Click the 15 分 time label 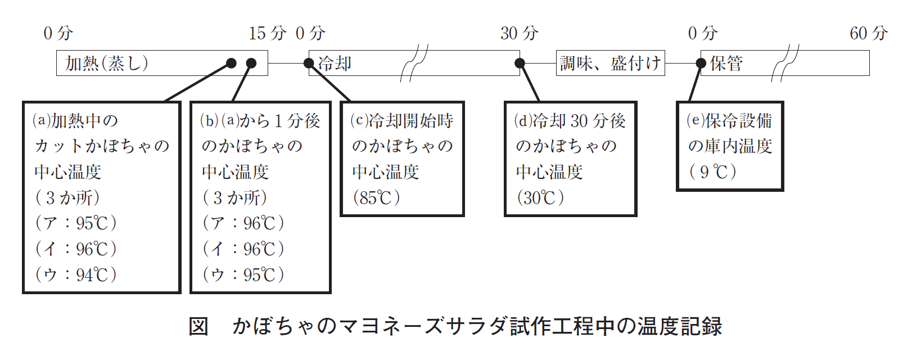267,33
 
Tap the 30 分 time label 519,33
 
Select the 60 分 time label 868,33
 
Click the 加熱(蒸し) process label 107,63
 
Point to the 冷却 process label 335,63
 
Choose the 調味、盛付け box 610,63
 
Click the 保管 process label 726,63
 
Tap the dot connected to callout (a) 231,63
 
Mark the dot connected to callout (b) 251,63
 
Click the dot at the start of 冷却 309,63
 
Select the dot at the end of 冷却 520,63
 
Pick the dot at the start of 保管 701,63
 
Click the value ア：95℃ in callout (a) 76,223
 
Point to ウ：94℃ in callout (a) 76,274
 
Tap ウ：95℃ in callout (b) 243,274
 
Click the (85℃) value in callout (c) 377,197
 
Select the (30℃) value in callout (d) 540,197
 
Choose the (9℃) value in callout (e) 713,172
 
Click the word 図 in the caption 198,326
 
